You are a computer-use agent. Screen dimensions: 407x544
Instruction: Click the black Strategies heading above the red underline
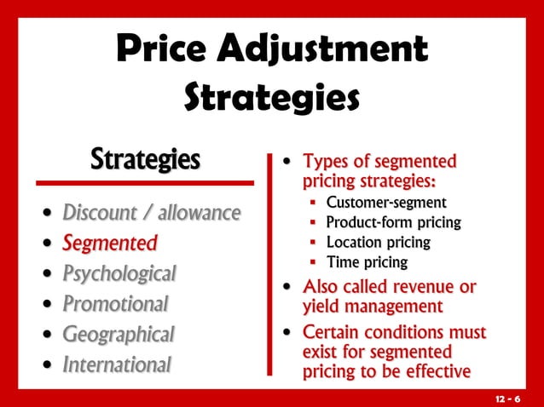(x=146, y=158)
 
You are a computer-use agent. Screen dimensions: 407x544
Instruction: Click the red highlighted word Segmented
(x=109, y=244)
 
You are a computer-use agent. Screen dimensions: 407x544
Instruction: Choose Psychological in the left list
(x=119, y=274)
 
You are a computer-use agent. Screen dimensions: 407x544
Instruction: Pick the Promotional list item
(x=115, y=304)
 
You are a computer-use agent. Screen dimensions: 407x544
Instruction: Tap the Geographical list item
(x=118, y=334)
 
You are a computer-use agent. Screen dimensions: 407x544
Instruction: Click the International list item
(x=117, y=364)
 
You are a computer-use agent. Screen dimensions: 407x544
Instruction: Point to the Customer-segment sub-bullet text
(x=385, y=203)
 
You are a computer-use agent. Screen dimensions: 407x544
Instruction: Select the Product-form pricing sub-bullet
(x=393, y=223)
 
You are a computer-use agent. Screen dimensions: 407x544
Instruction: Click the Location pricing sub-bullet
(x=378, y=243)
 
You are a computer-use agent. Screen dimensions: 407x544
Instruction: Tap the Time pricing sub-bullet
(x=367, y=262)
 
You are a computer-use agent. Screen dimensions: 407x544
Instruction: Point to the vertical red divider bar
(x=270, y=264)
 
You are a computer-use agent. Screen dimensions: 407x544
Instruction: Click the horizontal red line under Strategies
(x=144, y=182)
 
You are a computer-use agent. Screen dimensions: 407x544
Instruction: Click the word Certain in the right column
(x=333, y=331)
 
